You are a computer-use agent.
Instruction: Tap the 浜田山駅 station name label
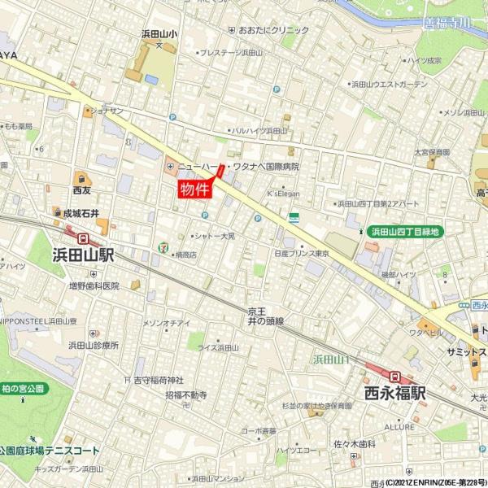83,255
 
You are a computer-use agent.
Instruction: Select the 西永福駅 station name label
395,394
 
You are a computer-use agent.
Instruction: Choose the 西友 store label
81,190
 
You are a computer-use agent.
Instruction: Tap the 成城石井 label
81,213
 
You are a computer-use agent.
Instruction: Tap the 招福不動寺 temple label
186,395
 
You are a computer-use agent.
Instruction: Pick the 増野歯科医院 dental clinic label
94,285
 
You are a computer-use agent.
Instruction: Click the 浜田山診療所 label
94,345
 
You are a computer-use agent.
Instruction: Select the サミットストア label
460,352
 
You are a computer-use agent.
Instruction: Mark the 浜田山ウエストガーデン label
389,84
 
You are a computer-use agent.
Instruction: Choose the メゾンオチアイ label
166,323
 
